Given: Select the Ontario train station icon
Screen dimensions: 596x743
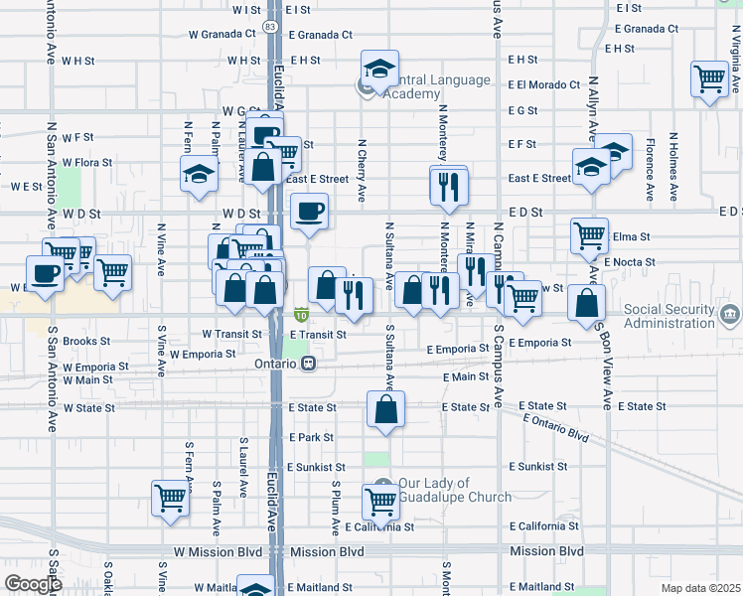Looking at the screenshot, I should click(309, 364).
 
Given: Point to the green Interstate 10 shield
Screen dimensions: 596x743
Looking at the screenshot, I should click(300, 316).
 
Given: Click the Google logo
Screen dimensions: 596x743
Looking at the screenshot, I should click(33, 584).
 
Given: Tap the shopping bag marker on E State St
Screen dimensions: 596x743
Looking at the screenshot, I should click(385, 408).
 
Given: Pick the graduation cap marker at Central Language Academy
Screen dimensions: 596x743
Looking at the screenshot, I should click(379, 69).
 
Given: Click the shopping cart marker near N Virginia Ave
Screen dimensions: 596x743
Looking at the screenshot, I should click(710, 77).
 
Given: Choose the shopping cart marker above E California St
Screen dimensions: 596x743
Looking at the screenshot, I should click(380, 502).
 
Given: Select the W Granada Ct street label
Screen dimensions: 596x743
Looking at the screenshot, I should click(222, 33).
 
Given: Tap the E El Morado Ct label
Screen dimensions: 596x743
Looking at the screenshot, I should click(543, 85).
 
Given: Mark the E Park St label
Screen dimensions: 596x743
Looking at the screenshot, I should click(310, 437).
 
